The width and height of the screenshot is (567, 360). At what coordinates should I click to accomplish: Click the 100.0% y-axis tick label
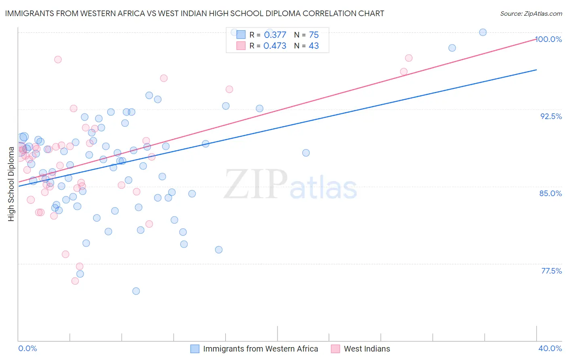point(548,39)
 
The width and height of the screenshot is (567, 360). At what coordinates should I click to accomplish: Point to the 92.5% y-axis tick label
point(551,116)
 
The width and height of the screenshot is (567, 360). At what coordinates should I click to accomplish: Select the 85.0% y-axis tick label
point(550,193)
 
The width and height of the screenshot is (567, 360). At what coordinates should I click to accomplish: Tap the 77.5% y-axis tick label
point(551,271)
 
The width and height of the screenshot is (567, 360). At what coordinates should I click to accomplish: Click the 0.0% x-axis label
point(27,348)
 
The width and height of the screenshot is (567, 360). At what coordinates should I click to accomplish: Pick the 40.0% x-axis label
point(550,348)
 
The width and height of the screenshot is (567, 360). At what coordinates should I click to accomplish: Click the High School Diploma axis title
point(11,184)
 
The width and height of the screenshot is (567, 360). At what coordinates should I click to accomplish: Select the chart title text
point(194,13)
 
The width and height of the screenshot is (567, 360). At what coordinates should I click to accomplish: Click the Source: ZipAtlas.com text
point(531,13)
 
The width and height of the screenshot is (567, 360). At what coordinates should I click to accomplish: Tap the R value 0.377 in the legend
point(275,35)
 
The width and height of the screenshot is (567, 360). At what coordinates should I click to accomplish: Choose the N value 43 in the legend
point(313,46)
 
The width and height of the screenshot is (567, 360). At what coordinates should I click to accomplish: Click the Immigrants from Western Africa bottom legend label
point(261,349)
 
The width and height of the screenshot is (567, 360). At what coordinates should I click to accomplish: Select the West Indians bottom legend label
point(367,349)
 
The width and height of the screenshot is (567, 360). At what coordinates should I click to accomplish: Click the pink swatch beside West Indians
point(335,349)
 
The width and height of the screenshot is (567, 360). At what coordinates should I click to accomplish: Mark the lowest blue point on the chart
point(136,291)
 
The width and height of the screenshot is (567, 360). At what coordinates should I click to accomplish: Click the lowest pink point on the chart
point(75,281)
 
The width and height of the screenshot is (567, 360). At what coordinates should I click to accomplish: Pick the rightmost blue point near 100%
point(483,32)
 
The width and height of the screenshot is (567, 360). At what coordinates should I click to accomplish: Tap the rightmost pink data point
point(409,58)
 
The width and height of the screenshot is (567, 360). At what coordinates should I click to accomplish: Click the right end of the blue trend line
point(536,70)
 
